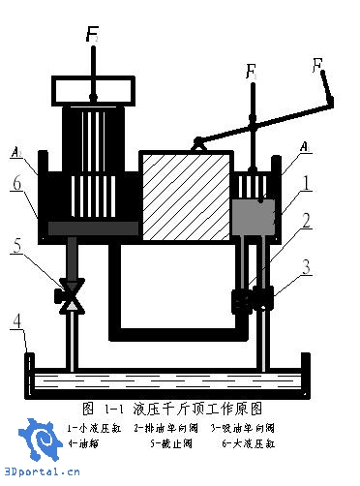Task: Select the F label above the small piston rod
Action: tap(251, 72)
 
